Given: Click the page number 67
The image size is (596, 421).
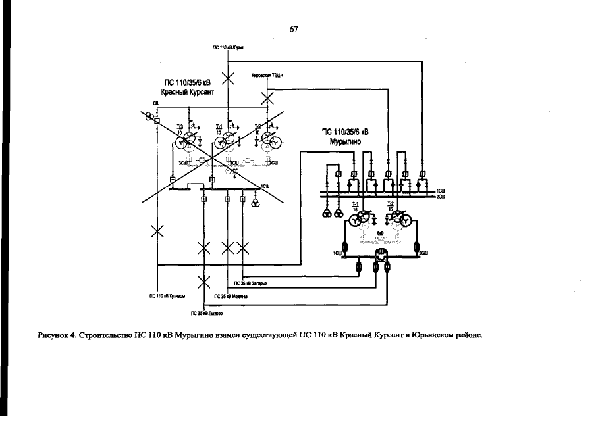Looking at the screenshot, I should pyautogui.click(x=294, y=29).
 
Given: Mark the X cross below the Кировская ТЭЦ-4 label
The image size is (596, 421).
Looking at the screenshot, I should pyautogui.click(x=267, y=99).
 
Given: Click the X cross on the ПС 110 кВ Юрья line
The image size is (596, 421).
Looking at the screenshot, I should pyautogui.click(x=228, y=79).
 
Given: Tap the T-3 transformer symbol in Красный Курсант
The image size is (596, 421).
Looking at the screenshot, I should pyautogui.click(x=189, y=139).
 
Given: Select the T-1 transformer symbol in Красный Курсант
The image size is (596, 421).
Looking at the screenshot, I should pyautogui.click(x=228, y=139).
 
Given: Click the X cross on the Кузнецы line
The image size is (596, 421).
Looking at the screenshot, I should pyautogui.click(x=157, y=230).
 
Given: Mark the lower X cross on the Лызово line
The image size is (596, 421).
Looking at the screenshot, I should pyautogui.click(x=204, y=282).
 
